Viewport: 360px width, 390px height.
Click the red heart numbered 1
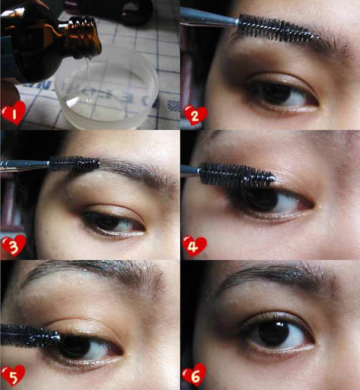pos(13,113)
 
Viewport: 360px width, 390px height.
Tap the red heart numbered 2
pos(196,115)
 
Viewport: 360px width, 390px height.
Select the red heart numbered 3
pos(13,246)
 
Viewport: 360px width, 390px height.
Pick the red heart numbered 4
pos(194,246)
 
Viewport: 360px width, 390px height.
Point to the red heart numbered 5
pos(13,375)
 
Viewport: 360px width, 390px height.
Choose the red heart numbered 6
pos(194,375)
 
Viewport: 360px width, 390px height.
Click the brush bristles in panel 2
pos(276,29)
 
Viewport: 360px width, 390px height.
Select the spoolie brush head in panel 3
pos(74,163)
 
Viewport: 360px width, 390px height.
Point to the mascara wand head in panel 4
pos(236,175)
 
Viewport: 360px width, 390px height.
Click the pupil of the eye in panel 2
pos(277,94)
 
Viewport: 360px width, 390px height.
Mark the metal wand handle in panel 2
pos(209,18)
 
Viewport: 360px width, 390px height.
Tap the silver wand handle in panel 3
pos(25,165)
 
